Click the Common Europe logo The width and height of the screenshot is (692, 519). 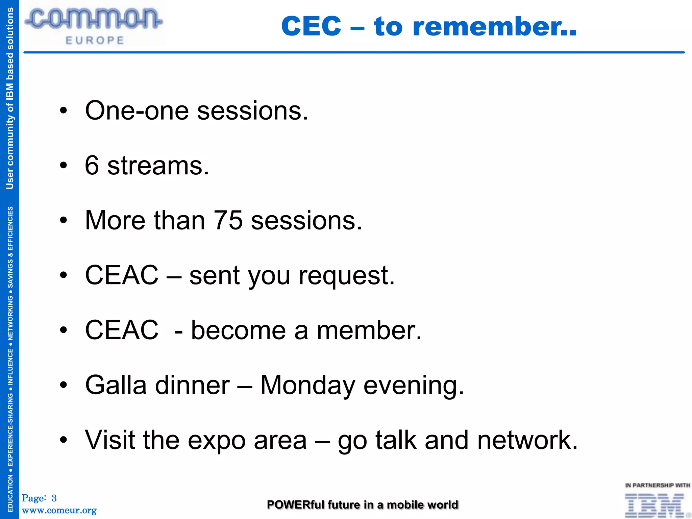94,26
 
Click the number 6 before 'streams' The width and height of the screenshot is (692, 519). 92,166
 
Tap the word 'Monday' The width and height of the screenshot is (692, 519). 307,386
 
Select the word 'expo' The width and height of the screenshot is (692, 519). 217,441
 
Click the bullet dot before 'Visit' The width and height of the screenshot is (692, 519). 64,440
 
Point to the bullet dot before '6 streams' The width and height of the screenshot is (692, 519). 64,166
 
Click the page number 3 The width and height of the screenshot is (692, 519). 54,498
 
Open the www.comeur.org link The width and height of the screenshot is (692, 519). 59,510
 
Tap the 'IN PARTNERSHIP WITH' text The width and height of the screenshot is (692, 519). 657,486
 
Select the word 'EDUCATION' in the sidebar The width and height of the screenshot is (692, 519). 10,493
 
